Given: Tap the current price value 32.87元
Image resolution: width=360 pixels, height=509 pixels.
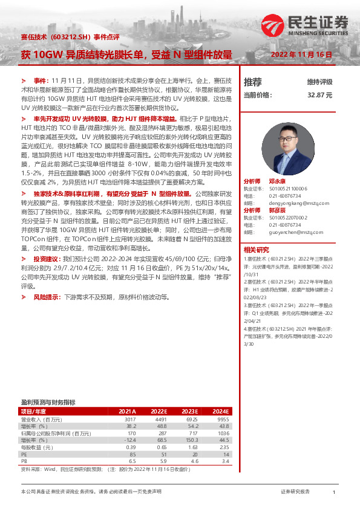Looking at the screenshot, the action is [x=320, y=95].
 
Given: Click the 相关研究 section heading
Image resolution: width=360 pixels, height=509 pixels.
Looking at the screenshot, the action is [x=257, y=249].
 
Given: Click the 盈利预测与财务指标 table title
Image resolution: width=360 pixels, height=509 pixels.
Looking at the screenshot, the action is [x=48, y=401].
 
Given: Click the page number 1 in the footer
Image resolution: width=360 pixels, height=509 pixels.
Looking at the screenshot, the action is [x=334, y=493].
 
